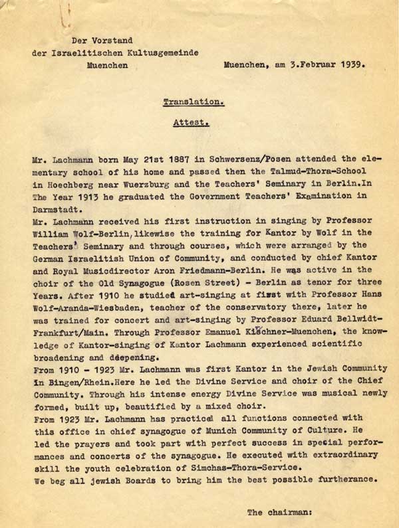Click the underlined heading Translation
[194, 102]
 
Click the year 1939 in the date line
[350, 66]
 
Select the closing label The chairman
[279, 512]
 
